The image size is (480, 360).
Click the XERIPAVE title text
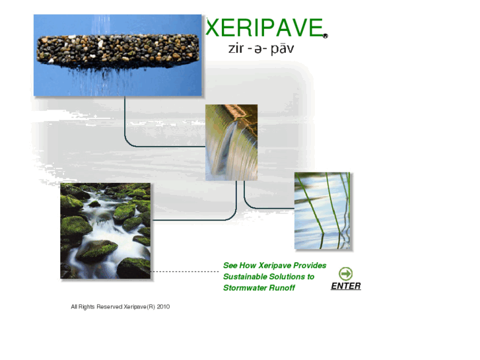tap(263, 28)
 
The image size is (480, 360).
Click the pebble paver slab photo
tap(118, 55)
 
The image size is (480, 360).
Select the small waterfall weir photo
tap(231, 142)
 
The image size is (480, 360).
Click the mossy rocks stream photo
tap(106, 231)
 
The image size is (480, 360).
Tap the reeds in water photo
tap(322, 211)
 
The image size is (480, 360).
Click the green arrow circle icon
tap(345, 273)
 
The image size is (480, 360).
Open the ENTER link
tap(346, 286)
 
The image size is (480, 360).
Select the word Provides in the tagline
tap(310, 266)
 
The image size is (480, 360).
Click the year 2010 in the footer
tap(163, 306)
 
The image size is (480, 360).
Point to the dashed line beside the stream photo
tap(185, 271)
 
